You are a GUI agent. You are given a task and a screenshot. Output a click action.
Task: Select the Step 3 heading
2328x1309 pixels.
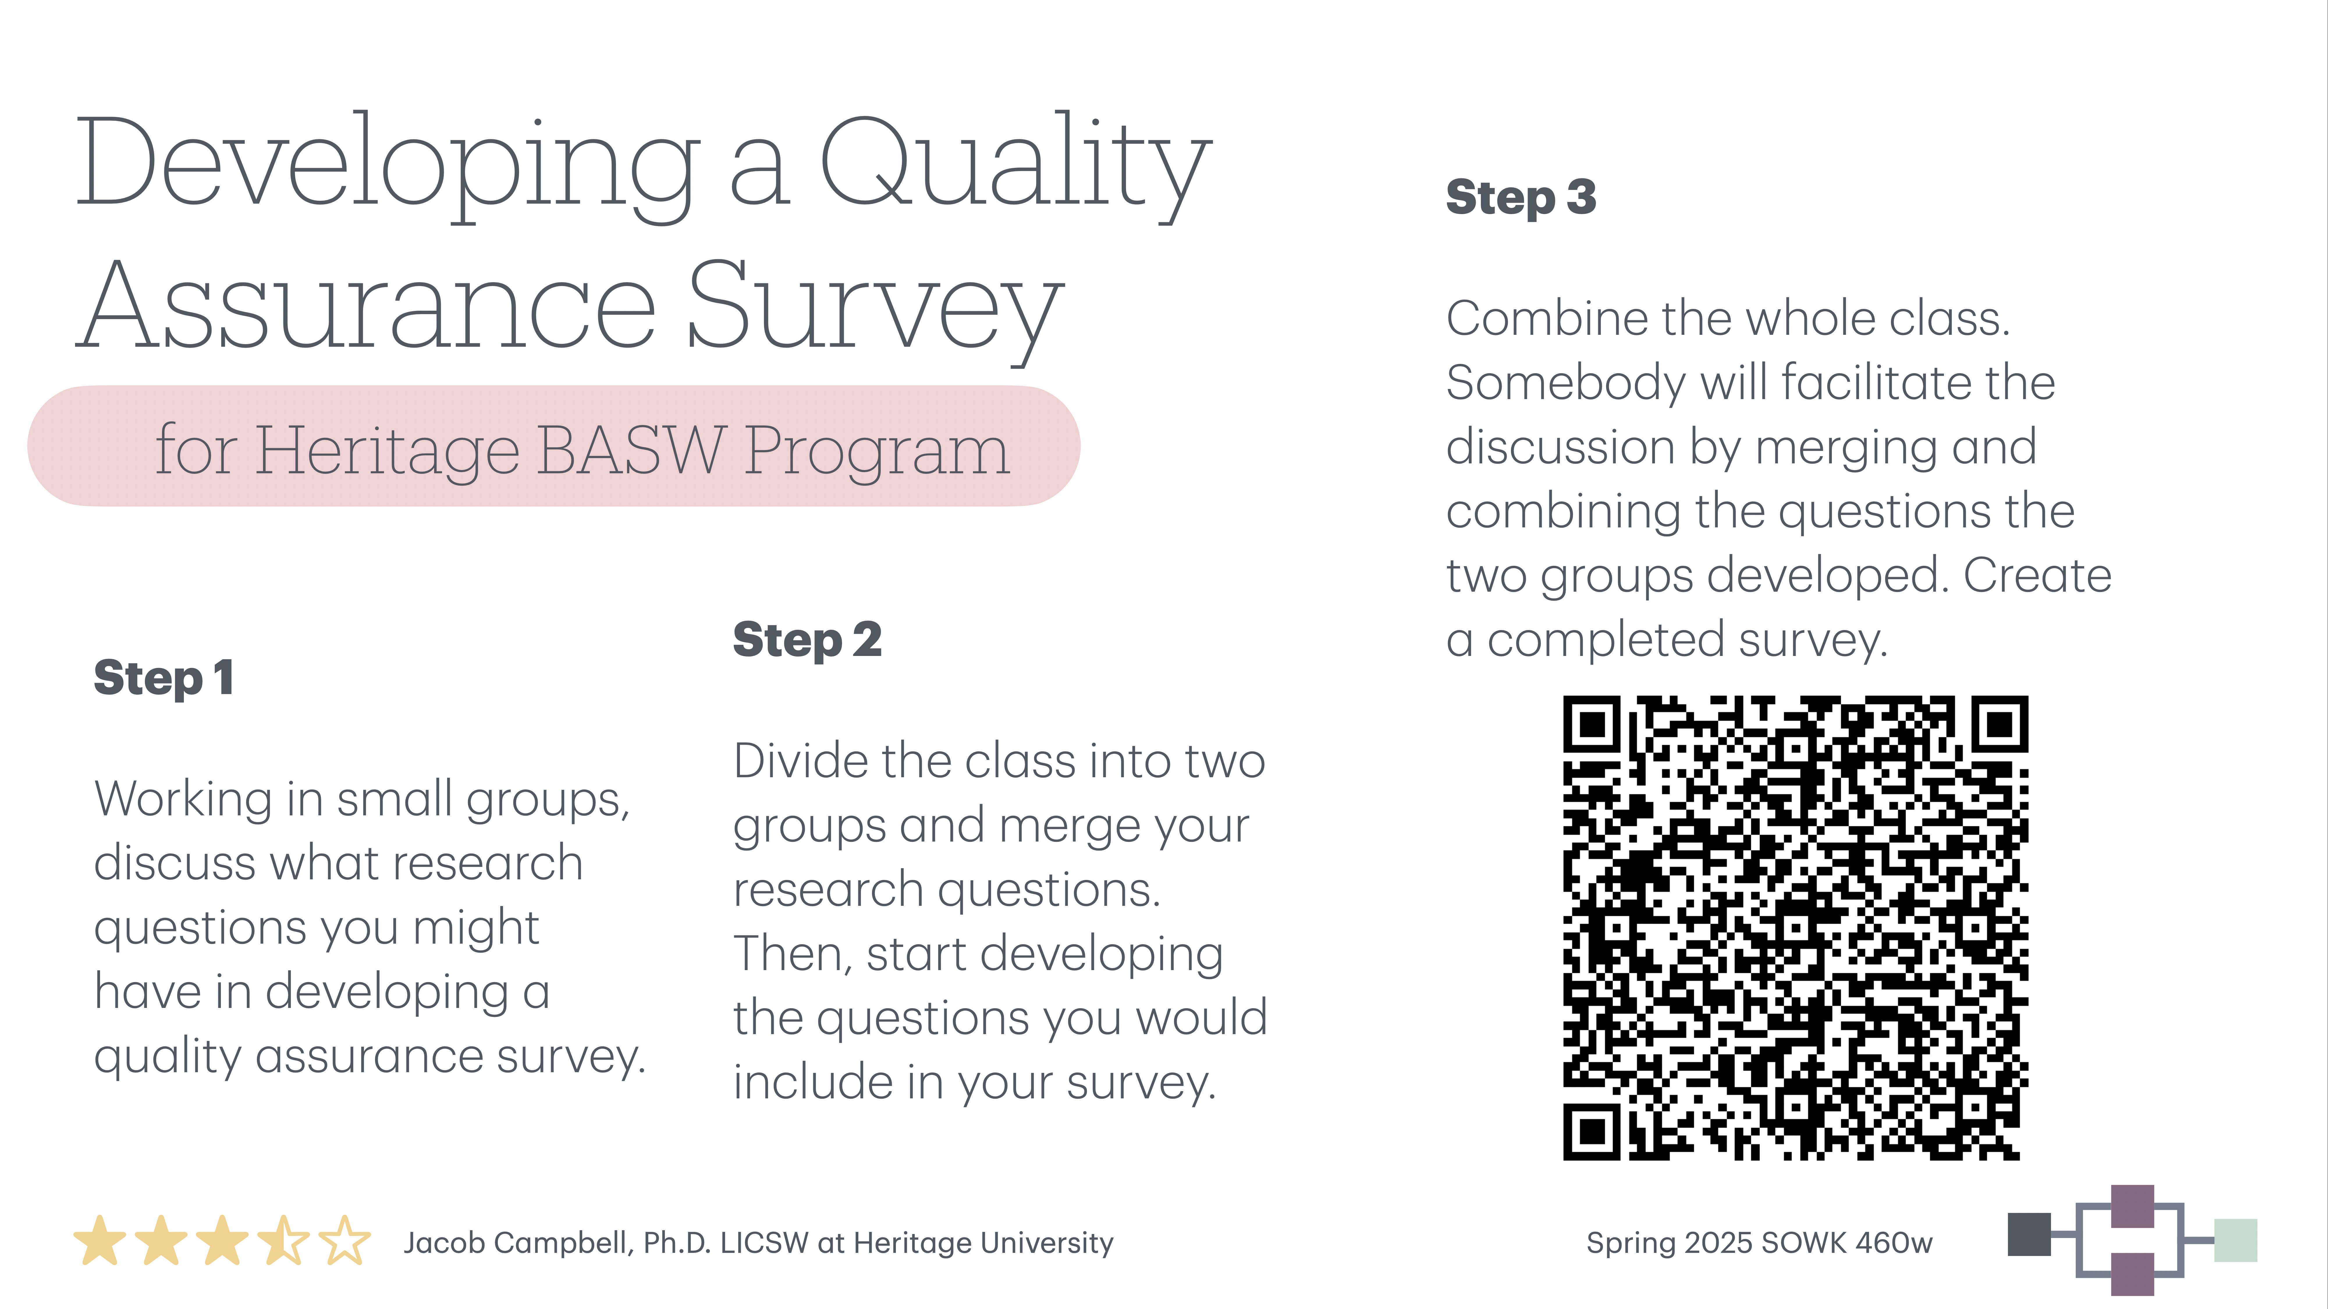coord(1521,197)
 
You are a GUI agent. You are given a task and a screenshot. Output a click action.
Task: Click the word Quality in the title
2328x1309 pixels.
coord(1014,163)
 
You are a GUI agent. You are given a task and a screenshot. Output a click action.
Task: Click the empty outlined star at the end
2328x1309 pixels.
coord(344,1241)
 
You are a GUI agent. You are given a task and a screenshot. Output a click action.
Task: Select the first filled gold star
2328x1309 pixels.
coord(100,1241)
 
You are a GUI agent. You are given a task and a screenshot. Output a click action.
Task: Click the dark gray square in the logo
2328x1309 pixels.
coord(2029,1234)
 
